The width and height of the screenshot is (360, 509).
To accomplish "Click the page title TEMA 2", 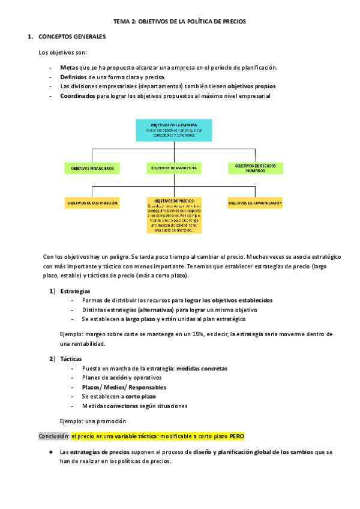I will (x=180, y=21).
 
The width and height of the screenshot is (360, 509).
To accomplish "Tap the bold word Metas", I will (x=69, y=67).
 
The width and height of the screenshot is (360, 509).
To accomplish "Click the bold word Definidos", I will (x=73, y=77).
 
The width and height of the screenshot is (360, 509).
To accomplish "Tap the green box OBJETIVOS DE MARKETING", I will (x=174, y=169).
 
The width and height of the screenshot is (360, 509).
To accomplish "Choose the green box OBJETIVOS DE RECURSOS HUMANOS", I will (x=255, y=168).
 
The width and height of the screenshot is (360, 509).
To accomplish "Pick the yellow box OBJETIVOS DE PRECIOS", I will (x=174, y=215).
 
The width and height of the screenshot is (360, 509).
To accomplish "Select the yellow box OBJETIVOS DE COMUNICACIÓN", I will (x=255, y=203).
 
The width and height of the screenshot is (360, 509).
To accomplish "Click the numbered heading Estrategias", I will (x=76, y=291).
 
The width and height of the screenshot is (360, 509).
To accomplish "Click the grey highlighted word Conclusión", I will (x=53, y=436).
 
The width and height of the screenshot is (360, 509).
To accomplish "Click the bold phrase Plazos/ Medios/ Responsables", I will (x=116, y=387).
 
